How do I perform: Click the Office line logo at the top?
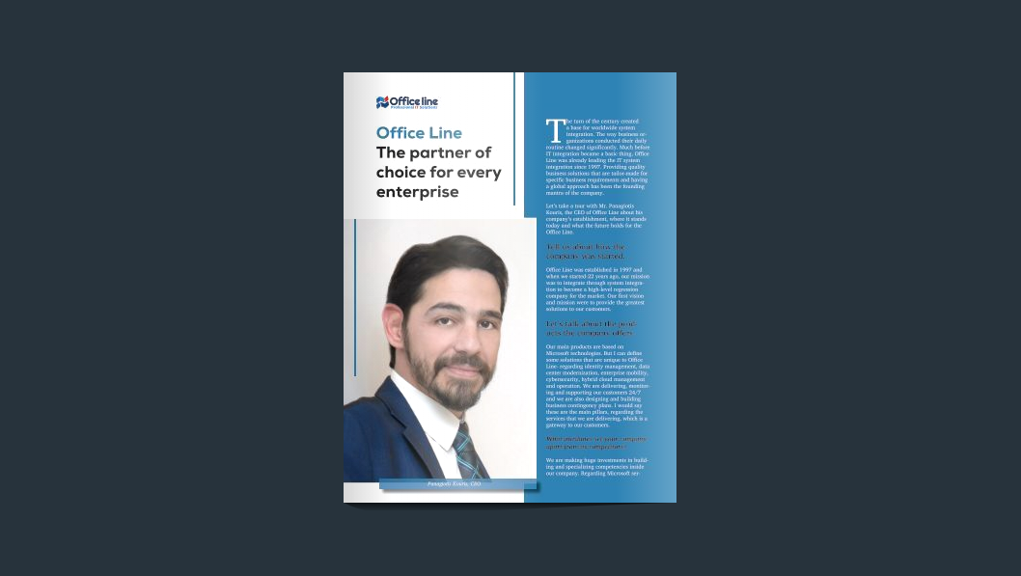point(406,102)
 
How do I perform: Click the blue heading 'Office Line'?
point(419,133)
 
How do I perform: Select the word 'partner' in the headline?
point(440,152)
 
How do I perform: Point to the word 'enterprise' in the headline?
point(417,192)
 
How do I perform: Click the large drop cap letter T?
point(554,130)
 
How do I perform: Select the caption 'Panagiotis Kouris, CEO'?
point(454,483)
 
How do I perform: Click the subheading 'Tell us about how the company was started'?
point(585,252)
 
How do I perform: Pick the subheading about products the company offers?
point(591,328)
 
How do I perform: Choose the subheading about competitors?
point(595,443)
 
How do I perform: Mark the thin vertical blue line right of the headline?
point(514,139)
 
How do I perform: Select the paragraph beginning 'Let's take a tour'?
point(595,219)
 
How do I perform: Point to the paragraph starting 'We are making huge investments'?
point(595,467)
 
